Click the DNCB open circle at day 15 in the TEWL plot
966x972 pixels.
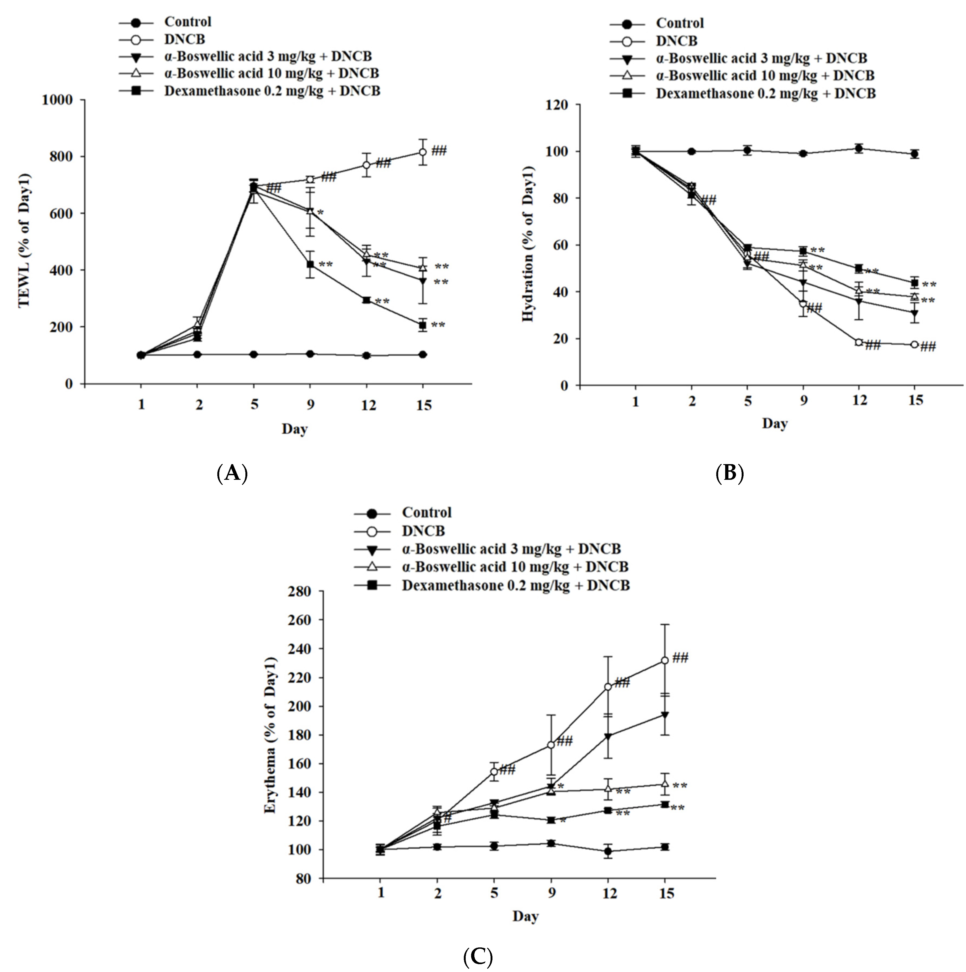click(423, 152)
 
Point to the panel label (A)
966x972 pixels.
click(232, 473)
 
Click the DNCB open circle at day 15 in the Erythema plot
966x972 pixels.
click(664, 660)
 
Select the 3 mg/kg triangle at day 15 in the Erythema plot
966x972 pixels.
click(664, 715)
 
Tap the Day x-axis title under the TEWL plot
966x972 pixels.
click(295, 429)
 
